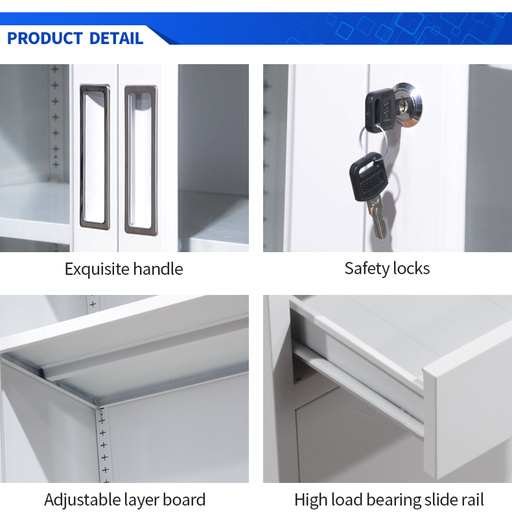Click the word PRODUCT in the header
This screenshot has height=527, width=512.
point(45,38)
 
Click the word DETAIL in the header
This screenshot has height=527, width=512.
point(116,38)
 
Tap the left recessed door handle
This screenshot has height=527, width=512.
point(95,157)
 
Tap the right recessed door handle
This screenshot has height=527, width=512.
point(141,161)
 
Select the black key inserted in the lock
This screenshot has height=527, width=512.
point(380,110)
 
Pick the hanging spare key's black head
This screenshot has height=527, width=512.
point(369,177)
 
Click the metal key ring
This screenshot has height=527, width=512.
point(373,141)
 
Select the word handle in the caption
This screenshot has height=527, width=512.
point(158,269)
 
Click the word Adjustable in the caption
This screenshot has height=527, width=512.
point(82,500)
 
